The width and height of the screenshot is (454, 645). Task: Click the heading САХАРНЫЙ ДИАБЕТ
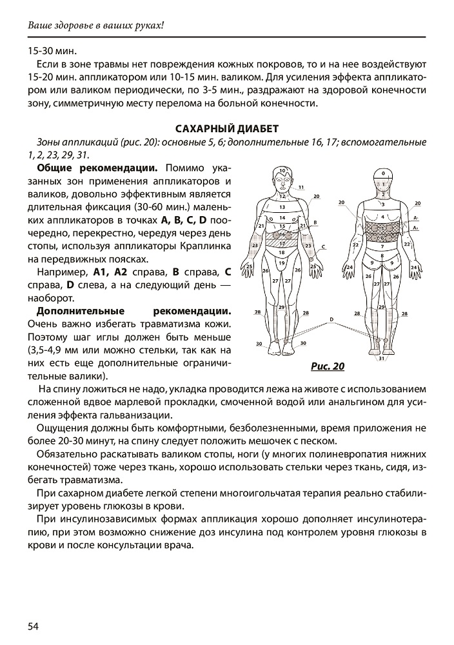[227, 129]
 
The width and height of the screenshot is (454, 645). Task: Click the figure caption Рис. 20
[328, 367]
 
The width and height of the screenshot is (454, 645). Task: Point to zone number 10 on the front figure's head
[282, 172]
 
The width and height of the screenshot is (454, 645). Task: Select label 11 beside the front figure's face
[301, 187]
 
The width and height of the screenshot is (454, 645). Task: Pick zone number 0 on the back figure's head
[382, 174]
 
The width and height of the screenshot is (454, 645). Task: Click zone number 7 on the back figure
[382, 246]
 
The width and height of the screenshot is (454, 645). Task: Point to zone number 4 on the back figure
[382, 216]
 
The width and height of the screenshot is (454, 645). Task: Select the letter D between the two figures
[331, 319]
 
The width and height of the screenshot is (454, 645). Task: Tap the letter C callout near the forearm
[322, 246]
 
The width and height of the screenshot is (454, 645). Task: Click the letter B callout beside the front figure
[314, 222]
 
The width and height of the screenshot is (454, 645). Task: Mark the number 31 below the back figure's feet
[382, 358]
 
